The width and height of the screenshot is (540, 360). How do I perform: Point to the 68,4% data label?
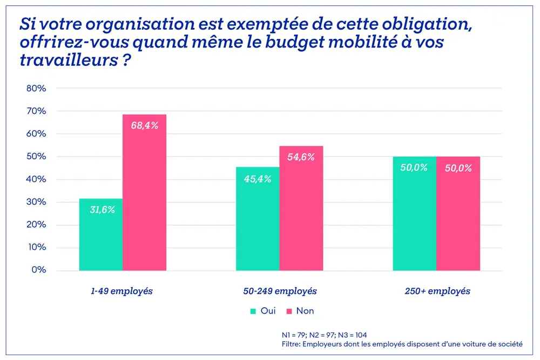(144, 126)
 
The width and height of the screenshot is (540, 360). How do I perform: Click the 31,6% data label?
(102, 210)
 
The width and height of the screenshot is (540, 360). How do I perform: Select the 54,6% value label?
(301, 157)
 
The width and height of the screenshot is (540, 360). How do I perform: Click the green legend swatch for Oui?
(253, 311)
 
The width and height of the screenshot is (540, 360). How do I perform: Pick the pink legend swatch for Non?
(289, 311)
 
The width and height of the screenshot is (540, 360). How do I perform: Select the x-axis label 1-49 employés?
(122, 291)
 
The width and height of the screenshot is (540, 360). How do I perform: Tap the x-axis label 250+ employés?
(437, 291)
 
